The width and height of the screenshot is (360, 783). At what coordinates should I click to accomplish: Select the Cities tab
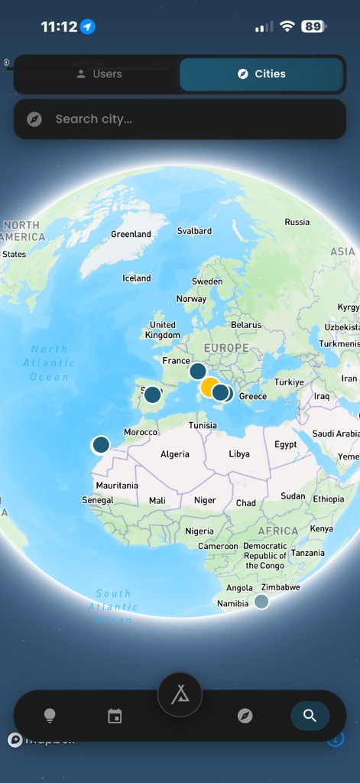pos(261,74)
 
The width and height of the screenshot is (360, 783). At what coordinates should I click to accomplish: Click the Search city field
pos(180,119)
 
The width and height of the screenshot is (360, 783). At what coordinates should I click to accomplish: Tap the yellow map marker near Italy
pos(209,386)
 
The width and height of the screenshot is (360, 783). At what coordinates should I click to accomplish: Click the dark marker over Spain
pos(153,395)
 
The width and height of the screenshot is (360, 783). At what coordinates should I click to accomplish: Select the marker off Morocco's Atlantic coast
pos(101,444)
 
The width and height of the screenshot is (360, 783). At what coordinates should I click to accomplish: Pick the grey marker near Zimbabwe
pos(261,601)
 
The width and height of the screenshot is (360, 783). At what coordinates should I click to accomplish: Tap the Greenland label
pos(131,234)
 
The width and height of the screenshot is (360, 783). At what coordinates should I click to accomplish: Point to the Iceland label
pos(137,278)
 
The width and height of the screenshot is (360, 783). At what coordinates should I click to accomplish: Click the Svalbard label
pos(194,231)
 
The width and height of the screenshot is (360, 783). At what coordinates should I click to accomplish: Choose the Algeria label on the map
pos(175,454)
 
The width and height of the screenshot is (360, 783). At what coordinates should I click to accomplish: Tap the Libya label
pos(239,454)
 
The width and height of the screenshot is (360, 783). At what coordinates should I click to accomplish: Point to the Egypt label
pos(285,445)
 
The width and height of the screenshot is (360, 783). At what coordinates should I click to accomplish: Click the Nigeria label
pos(199,531)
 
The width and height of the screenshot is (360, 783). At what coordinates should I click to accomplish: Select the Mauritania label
pos(117,486)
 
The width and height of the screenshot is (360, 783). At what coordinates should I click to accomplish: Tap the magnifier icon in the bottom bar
pos(310,716)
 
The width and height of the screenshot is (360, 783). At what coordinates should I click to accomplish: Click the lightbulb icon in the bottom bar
pos(50,716)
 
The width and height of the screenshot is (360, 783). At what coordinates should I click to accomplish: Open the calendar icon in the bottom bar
pos(115,716)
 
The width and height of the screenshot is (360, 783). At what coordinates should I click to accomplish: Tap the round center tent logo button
pos(180,695)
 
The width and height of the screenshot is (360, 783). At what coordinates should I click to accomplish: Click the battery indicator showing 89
pos(313,27)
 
